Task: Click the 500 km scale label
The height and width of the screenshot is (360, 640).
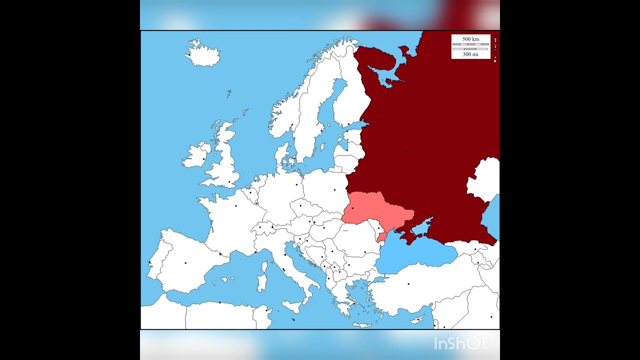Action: click(470, 39)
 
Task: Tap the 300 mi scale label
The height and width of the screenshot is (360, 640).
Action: click(470, 54)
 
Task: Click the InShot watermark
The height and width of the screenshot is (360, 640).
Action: click(460, 343)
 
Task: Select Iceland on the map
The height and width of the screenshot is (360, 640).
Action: click(203, 54)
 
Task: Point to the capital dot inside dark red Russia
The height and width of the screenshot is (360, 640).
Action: click(406, 151)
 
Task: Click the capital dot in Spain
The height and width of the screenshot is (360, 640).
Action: click(185, 262)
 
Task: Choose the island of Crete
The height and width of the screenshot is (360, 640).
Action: click(361, 324)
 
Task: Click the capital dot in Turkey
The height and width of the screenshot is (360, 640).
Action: click(408, 284)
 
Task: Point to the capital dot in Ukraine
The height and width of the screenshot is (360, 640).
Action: click(352, 208)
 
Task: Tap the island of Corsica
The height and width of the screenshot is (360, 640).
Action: click(264, 266)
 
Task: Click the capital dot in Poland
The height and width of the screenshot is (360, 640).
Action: click(335, 190)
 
